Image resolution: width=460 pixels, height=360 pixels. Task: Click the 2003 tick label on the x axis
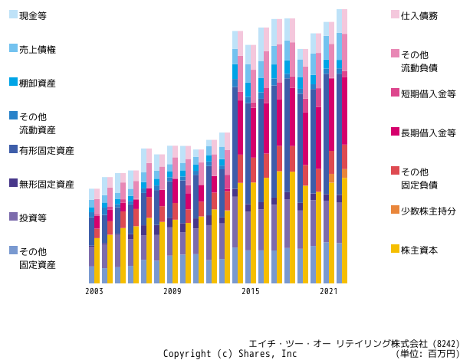click(94, 291)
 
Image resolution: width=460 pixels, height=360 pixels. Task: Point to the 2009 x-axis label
click(172, 291)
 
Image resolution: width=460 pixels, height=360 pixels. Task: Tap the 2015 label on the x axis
click(251, 291)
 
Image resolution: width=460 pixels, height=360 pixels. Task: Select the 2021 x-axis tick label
click(329, 291)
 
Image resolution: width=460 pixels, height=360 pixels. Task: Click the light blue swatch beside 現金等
click(14, 15)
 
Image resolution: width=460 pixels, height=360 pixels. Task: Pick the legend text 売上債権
click(38, 50)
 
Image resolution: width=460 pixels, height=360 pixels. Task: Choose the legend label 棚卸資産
click(38, 83)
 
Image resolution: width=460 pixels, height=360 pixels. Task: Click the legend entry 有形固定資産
click(46, 151)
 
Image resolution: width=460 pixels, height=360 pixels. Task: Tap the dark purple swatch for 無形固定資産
click(14, 183)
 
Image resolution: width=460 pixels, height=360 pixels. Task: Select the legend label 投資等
click(33, 218)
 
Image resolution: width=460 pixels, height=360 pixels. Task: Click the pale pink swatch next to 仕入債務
click(395, 15)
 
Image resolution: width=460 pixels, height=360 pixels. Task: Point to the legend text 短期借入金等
click(429, 94)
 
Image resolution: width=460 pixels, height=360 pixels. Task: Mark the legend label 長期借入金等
click(429, 133)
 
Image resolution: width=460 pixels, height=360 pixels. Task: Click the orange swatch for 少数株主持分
click(395, 210)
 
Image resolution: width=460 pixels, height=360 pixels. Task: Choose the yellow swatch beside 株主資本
click(395, 249)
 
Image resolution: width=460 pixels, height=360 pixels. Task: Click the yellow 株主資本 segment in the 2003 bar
click(97, 260)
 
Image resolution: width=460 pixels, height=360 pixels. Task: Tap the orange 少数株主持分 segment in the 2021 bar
click(331, 178)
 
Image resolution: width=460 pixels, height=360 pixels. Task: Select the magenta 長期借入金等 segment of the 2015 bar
click(253, 133)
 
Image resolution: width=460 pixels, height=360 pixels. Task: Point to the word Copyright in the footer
click(187, 354)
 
